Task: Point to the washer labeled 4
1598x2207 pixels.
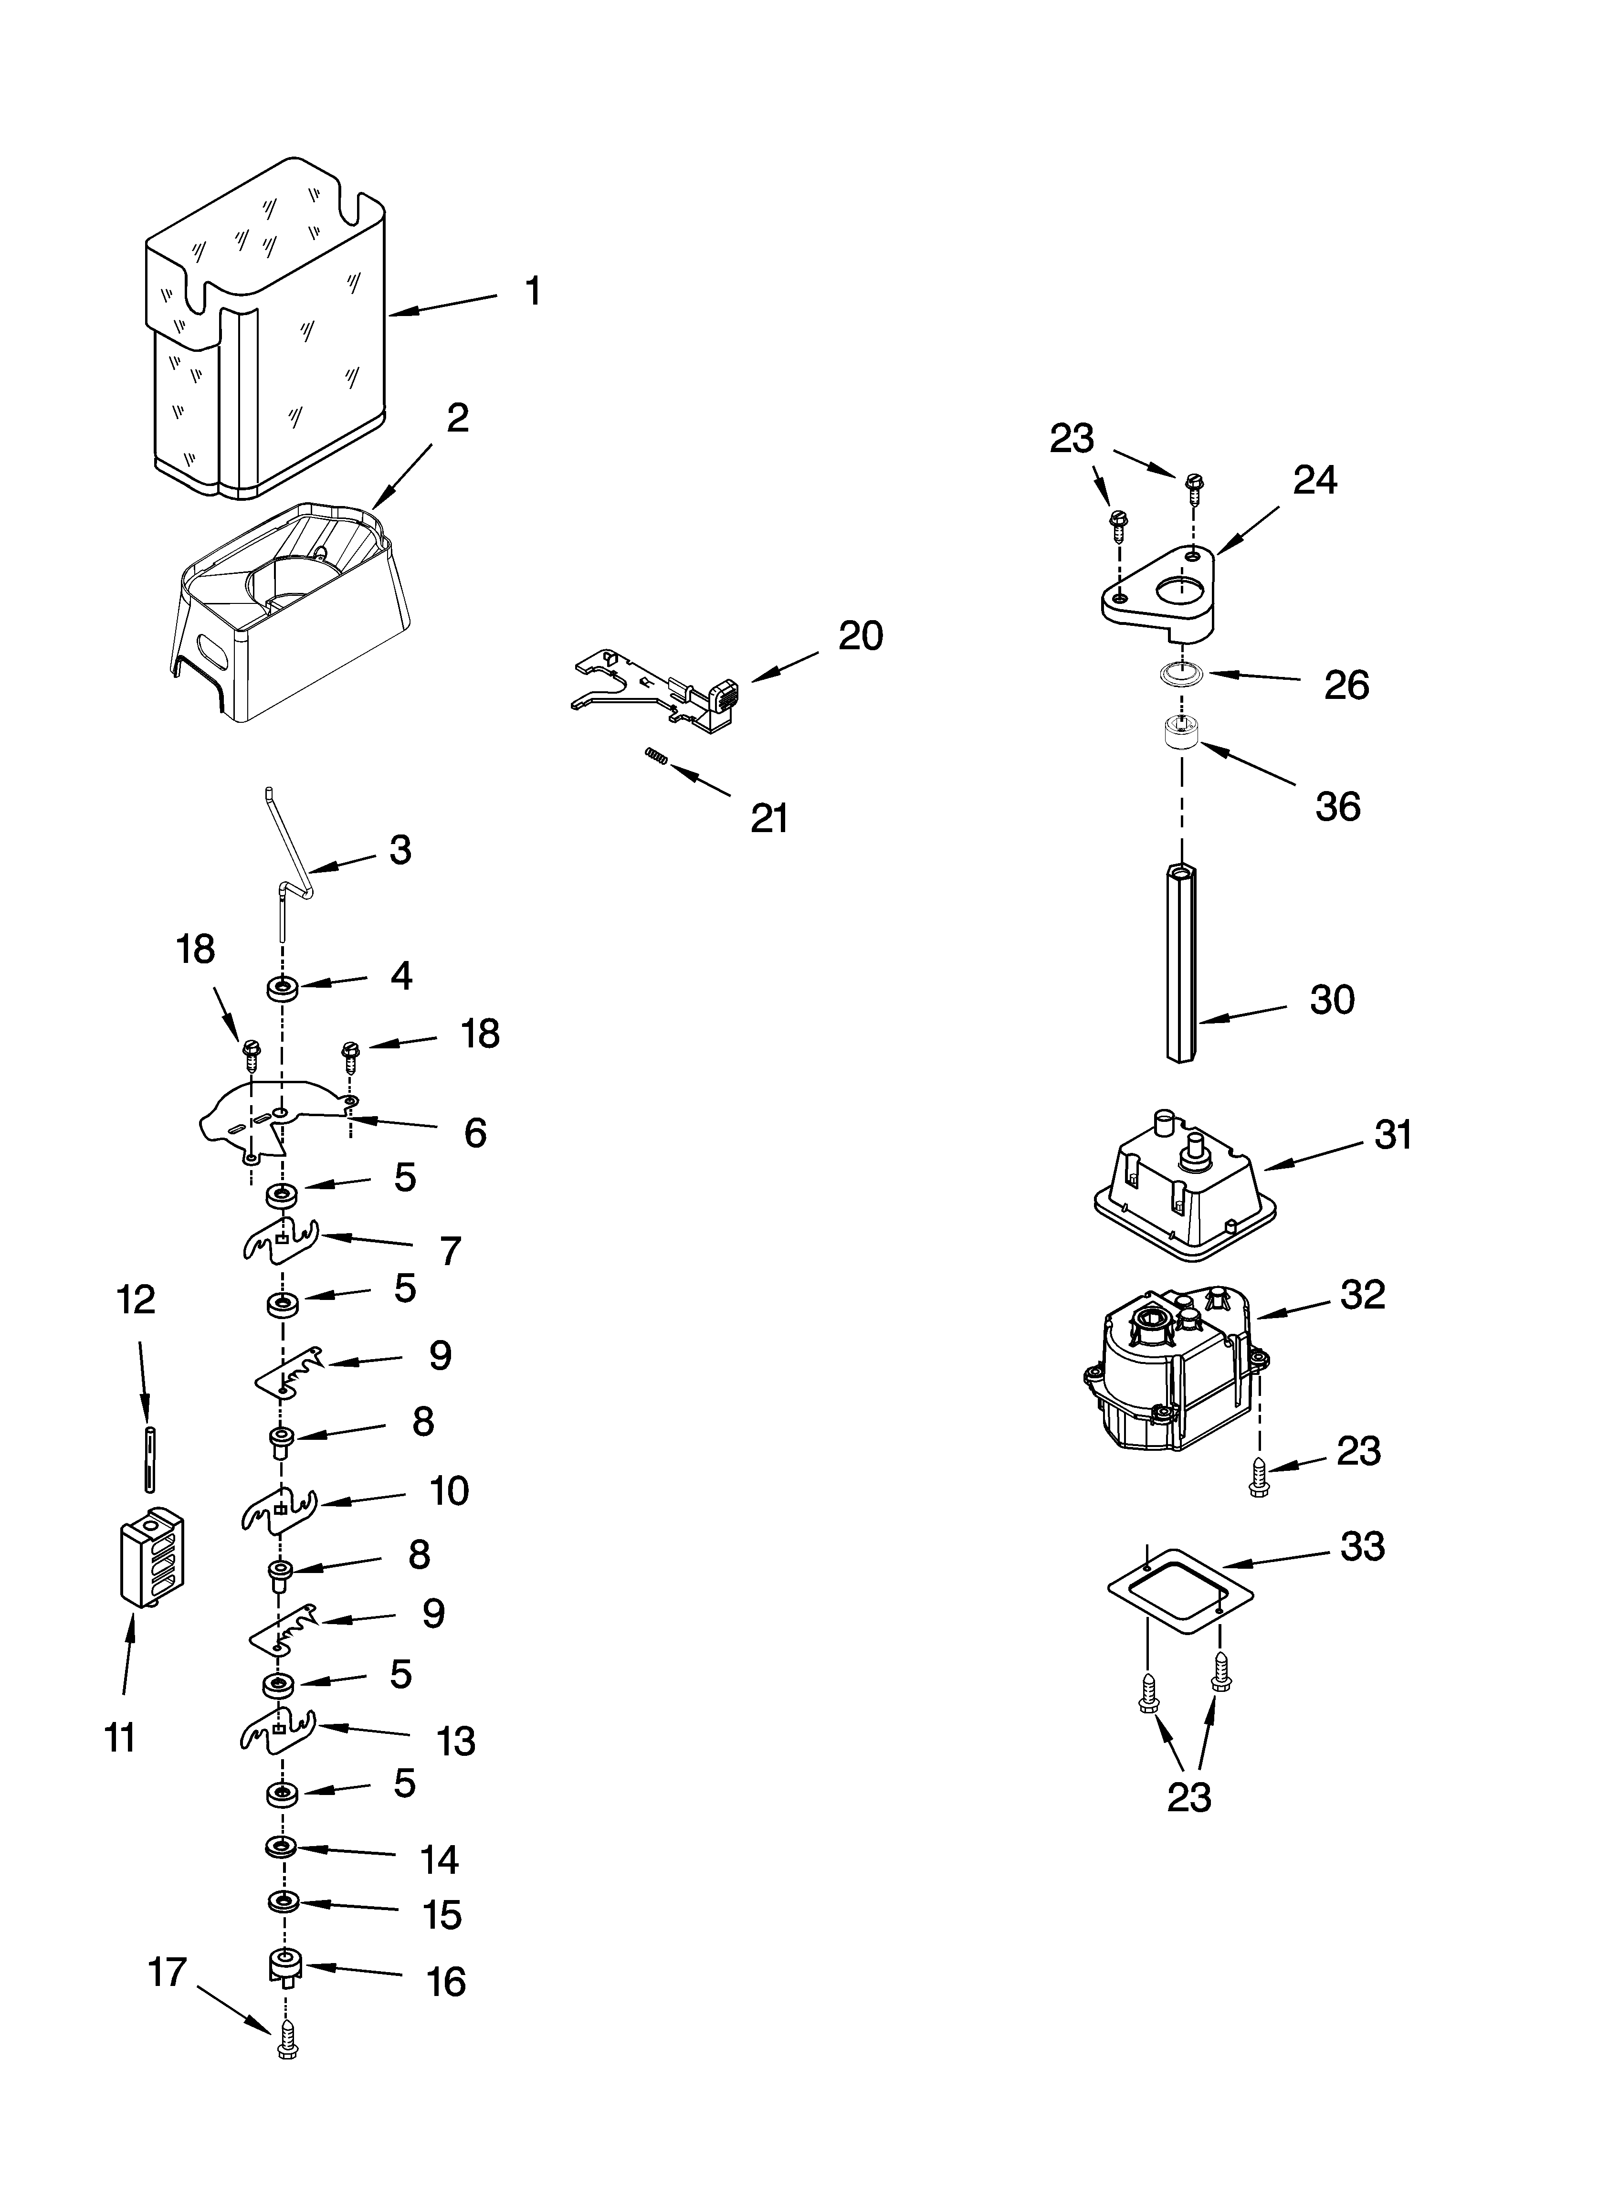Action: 282,989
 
